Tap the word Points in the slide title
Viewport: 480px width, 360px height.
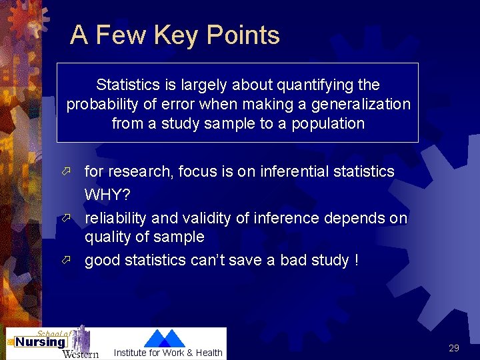[243, 35]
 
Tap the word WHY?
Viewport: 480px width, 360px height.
[107, 195]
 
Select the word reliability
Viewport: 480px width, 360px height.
[116, 218]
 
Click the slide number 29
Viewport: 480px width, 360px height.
[454, 348]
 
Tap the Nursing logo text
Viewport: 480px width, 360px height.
[39, 342]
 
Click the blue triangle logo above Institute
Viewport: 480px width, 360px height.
[164, 338]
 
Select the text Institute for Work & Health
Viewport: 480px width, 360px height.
[168, 353]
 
